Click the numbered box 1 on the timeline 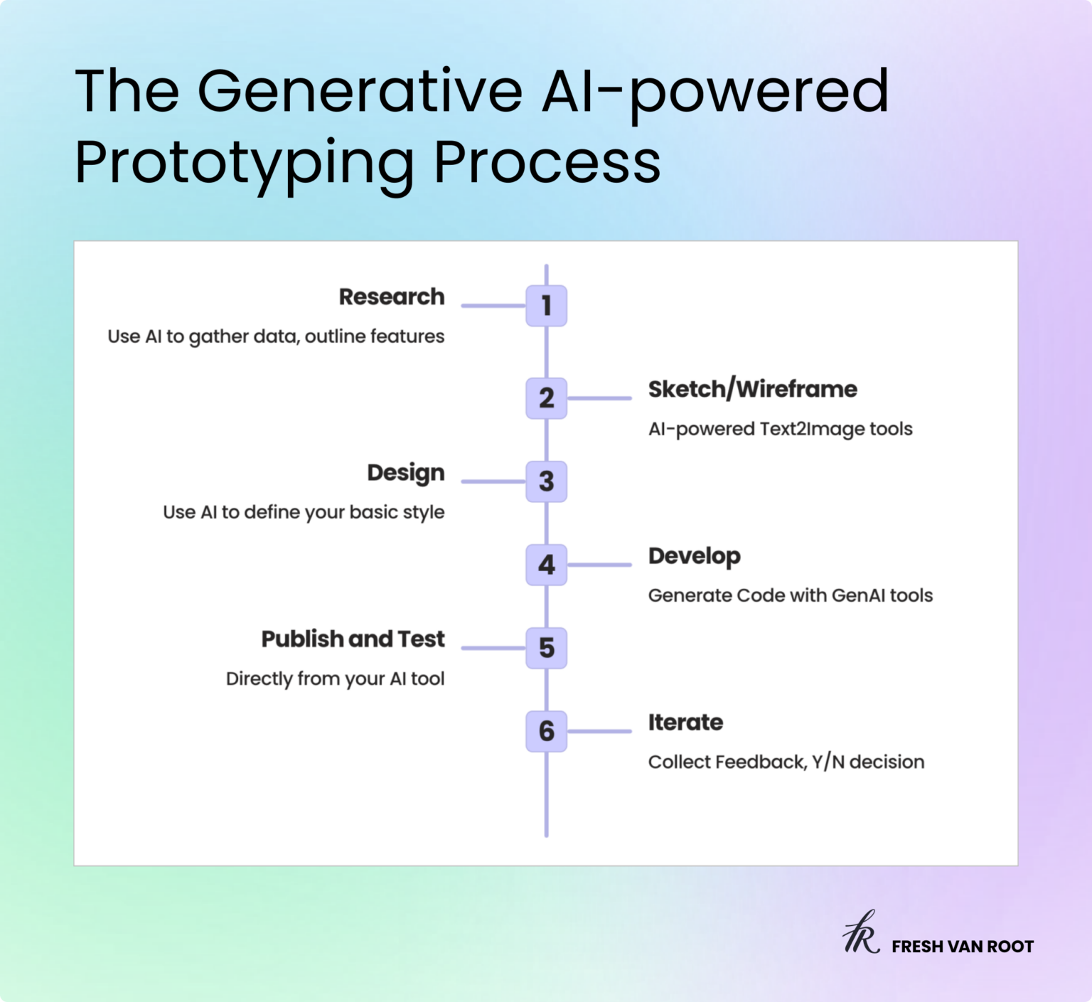(x=546, y=306)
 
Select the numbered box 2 (x=546, y=398)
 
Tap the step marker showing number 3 (x=546, y=481)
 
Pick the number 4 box (x=546, y=565)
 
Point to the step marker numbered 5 (x=546, y=648)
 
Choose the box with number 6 (x=546, y=731)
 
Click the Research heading (x=391, y=297)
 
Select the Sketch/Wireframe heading (x=752, y=390)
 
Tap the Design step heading (x=405, y=473)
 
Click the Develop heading (x=694, y=556)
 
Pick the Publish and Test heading (x=353, y=639)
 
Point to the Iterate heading (x=685, y=723)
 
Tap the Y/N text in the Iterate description (x=828, y=762)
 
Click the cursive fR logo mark (x=861, y=933)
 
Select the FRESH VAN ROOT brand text (x=963, y=947)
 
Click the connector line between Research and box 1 (x=493, y=306)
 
